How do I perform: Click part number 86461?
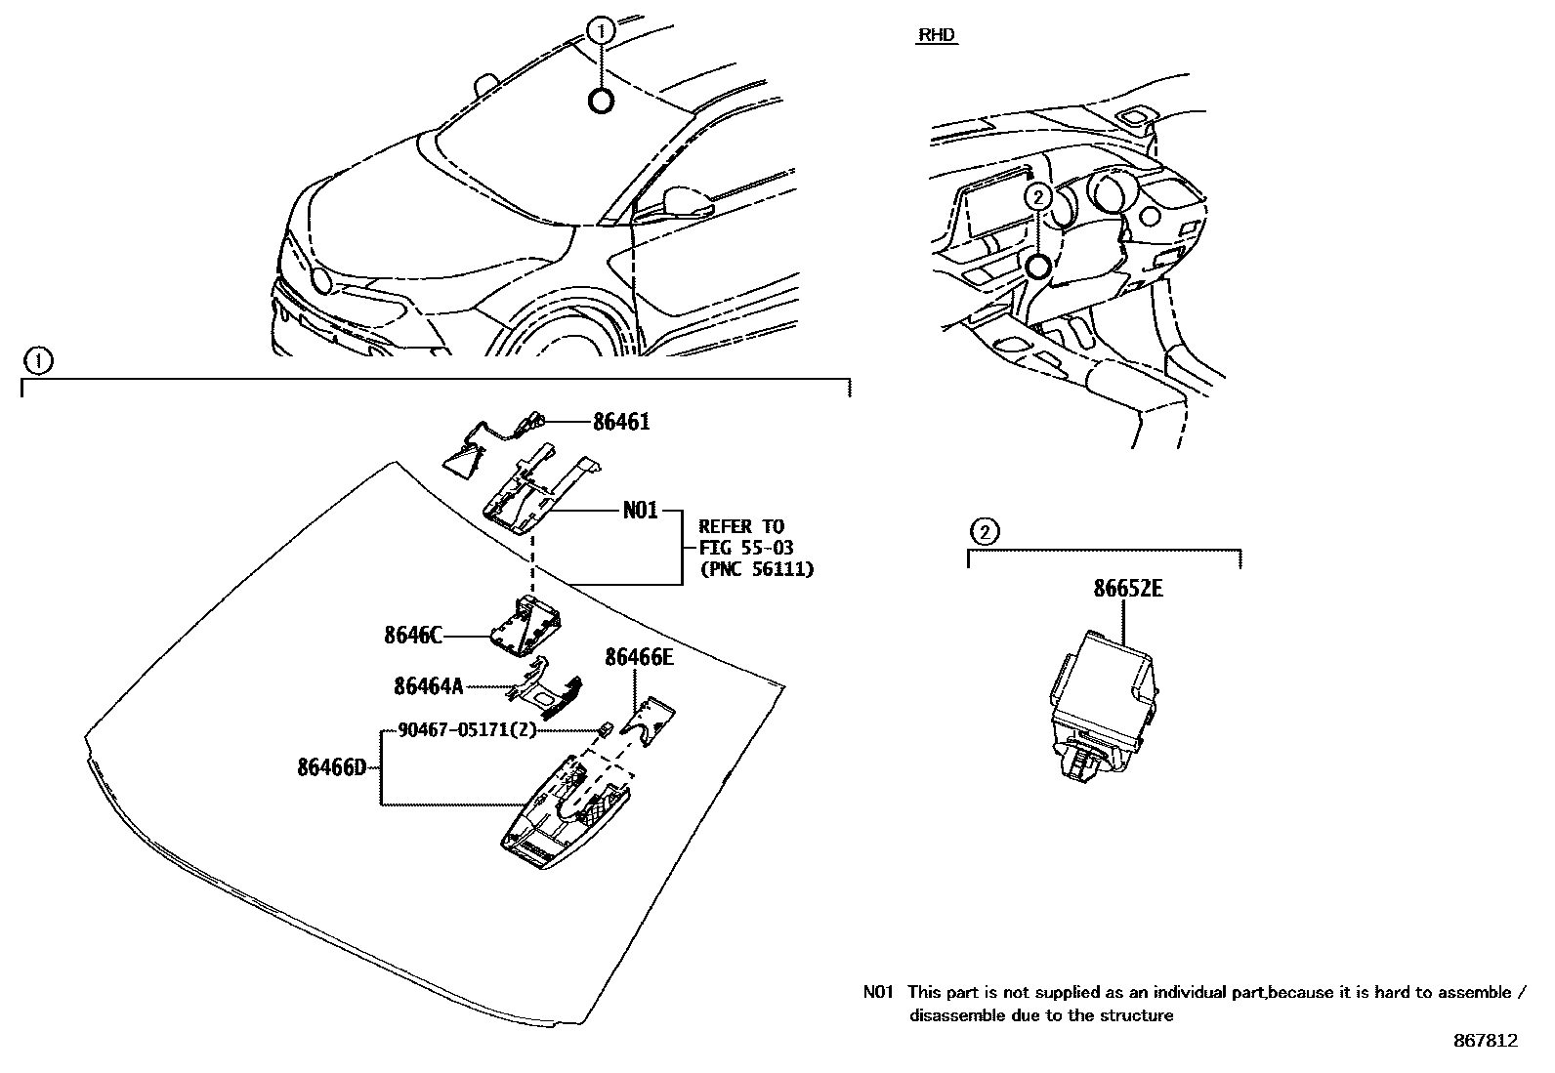click(x=620, y=422)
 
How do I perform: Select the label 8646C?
click(x=412, y=636)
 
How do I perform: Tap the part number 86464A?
click(x=428, y=686)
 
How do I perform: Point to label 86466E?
click(x=639, y=657)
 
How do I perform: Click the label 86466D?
click(x=332, y=767)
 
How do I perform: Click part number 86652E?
click(x=1127, y=590)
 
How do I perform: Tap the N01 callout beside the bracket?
click(x=640, y=511)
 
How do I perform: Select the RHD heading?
click(x=937, y=36)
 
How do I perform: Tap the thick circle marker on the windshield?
click(x=602, y=100)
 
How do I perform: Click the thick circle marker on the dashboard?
click(x=1038, y=266)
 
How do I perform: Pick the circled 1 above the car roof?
click(x=602, y=31)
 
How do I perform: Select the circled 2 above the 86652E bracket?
click(x=985, y=532)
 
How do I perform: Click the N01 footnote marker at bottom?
click(x=878, y=993)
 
